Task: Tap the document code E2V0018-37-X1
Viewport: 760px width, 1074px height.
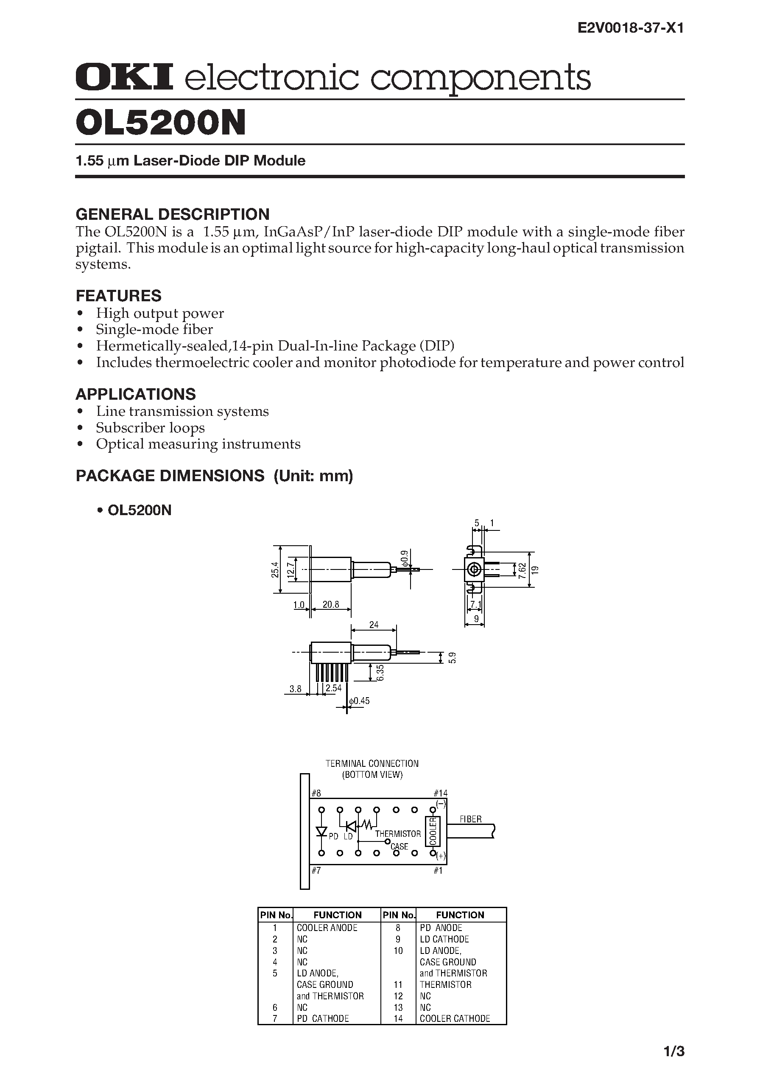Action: (x=630, y=28)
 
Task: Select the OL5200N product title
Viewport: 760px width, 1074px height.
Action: (x=160, y=123)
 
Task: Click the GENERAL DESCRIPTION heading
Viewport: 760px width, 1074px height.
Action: (x=172, y=214)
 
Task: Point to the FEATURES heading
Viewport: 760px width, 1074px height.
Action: (x=118, y=296)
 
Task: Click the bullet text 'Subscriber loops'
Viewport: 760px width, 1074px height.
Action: (x=150, y=428)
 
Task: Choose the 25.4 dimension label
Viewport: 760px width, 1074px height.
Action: (x=275, y=570)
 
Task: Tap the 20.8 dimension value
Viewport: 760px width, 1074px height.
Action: (x=330, y=604)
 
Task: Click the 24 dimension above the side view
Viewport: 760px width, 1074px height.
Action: (x=374, y=625)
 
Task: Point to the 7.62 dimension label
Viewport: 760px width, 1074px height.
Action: (x=522, y=570)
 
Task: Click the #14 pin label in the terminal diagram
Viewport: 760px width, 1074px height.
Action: (x=440, y=793)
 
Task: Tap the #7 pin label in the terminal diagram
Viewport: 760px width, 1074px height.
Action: (x=316, y=870)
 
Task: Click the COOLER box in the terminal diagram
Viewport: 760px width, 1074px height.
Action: (x=433, y=831)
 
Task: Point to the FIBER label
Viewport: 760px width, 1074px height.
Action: (x=470, y=819)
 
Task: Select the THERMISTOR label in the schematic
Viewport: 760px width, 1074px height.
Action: (x=398, y=834)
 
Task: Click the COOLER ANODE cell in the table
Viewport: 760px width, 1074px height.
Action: (x=327, y=928)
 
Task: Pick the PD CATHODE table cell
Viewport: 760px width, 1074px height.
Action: (x=323, y=1018)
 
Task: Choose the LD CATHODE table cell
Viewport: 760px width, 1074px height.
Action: (x=444, y=939)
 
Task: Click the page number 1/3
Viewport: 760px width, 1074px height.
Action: (x=674, y=1052)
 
